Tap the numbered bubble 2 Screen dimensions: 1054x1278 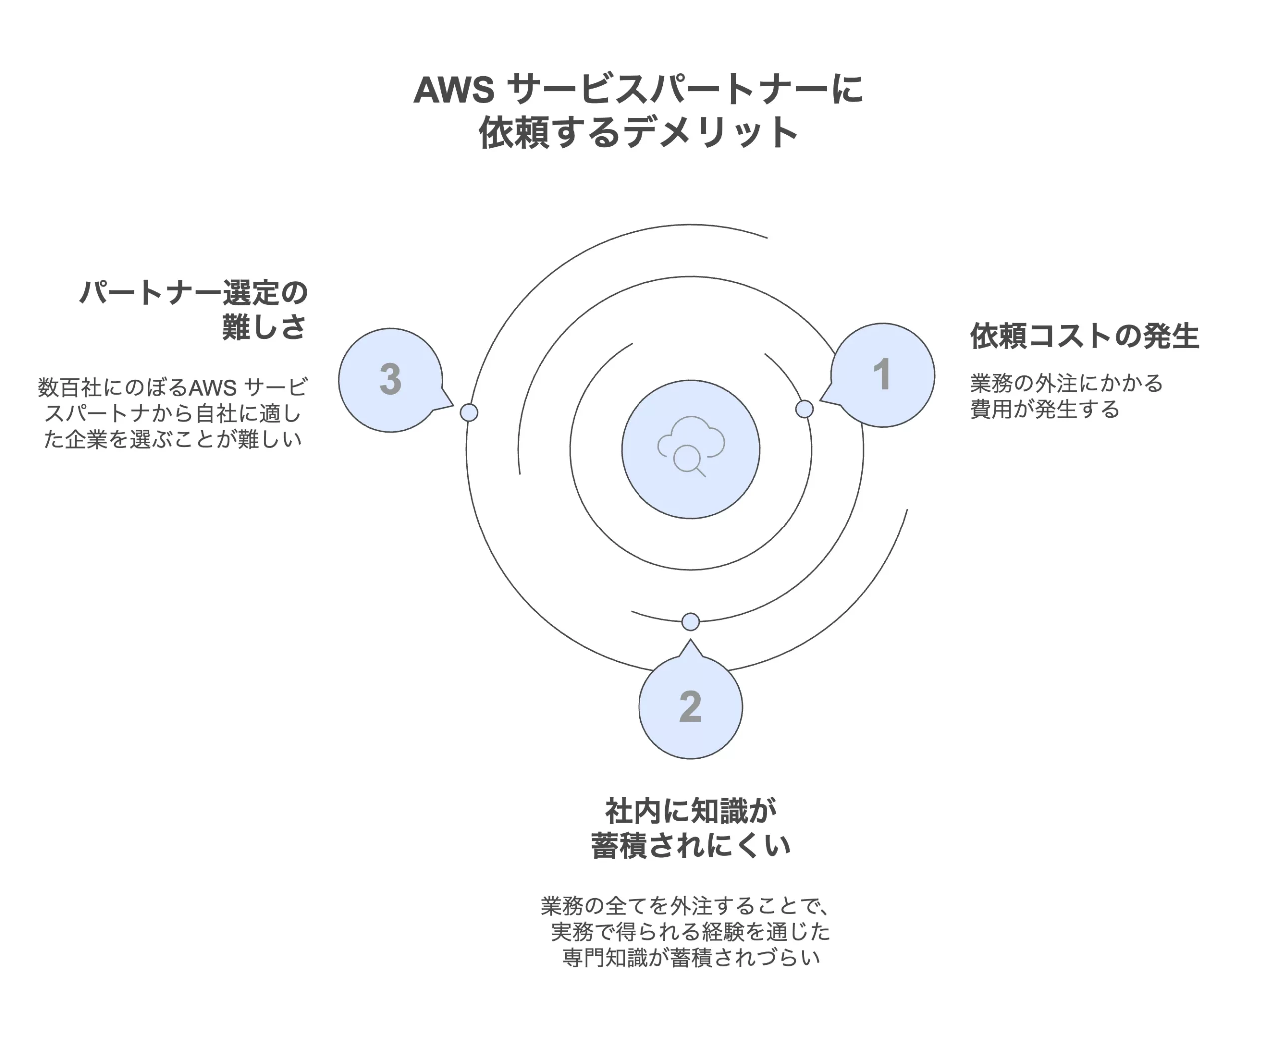(x=690, y=707)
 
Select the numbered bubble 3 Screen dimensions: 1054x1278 (x=391, y=380)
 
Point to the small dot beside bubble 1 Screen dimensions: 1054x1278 (x=804, y=409)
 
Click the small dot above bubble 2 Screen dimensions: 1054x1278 (x=690, y=622)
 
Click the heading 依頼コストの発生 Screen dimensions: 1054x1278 (x=1084, y=336)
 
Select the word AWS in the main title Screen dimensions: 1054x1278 (x=454, y=90)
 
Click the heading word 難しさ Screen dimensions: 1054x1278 (x=265, y=327)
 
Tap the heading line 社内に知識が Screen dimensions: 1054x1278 (x=690, y=811)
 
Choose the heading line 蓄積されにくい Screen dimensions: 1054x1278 (x=690, y=845)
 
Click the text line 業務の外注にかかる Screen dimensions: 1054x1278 (x=1066, y=383)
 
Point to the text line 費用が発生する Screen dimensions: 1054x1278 (x=1044, y=409)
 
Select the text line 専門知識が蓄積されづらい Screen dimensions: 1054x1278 (x=690, y=958)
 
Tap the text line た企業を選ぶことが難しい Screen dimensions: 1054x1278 (x=173, y=439)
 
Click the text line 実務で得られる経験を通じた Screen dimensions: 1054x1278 (x=690, y=931)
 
